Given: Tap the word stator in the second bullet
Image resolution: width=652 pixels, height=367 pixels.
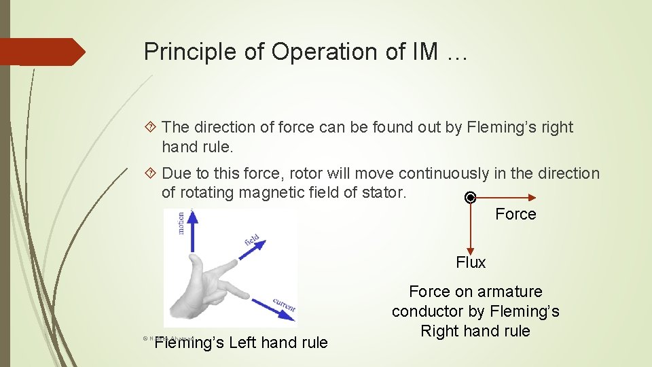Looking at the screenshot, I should coord(382,193).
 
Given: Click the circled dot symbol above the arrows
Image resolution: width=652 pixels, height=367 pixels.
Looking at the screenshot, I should coord(469,198).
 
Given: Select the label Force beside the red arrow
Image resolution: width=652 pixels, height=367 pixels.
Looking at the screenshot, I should coord(515,214).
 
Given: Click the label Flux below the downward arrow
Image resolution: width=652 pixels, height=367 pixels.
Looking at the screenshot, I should coord(471,262).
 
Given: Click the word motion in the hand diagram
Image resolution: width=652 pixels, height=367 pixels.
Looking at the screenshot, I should coord(181,222).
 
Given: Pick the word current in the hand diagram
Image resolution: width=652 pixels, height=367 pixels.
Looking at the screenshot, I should coord(284,304).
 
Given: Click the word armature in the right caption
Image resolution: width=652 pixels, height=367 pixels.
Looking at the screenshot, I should coord(510,292).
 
